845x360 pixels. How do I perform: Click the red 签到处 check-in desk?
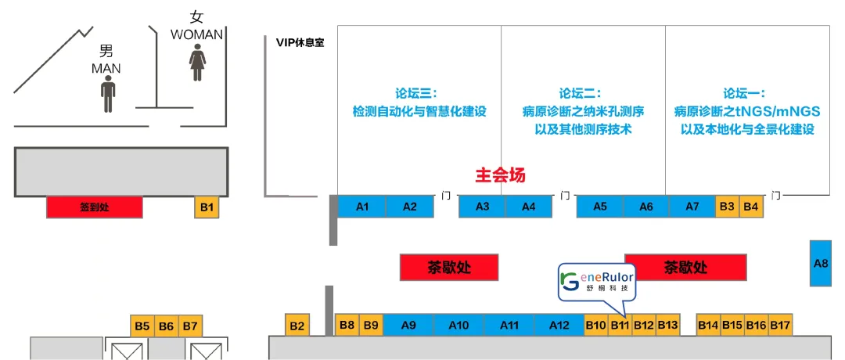[x=95, y=207]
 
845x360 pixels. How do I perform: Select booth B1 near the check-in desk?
[x=207, y=207]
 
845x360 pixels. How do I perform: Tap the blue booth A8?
[x=821, y=263]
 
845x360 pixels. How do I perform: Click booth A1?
[x=362, y=207]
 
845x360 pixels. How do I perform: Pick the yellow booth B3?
[x=727, y=207]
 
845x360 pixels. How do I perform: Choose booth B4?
[x=751, y=207]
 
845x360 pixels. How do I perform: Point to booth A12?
[x=559, y=325]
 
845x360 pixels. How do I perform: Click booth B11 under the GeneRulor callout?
[x=620, y=325]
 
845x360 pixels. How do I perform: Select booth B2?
[x=297, y=325]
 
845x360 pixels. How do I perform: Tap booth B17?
[x=781, y=325]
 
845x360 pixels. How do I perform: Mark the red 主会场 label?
[x=501, y=176]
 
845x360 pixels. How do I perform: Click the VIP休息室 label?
[x=300, y=42]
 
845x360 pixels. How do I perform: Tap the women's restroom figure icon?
[x=197, y=63]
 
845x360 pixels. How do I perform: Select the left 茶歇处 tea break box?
[x=449, y=267]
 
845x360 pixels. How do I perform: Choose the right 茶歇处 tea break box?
[x=685, y=267]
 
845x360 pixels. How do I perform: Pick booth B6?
[x=166, y=326]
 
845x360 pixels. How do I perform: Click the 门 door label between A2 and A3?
[x=446, y=195]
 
